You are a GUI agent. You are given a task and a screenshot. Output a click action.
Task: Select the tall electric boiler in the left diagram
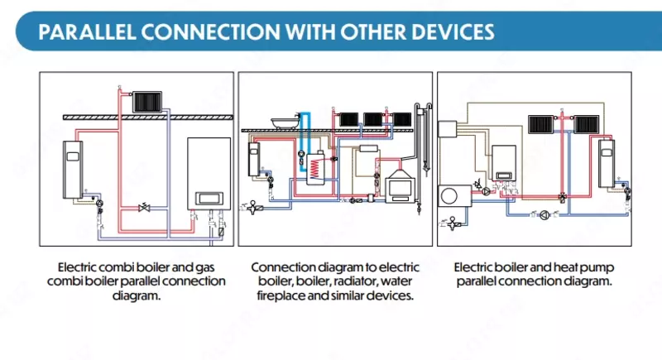(x=73, y=167)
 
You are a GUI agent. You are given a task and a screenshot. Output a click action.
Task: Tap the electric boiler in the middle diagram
(x=254, y=159)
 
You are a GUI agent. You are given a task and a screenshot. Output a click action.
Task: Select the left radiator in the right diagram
(x=540, y=124)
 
